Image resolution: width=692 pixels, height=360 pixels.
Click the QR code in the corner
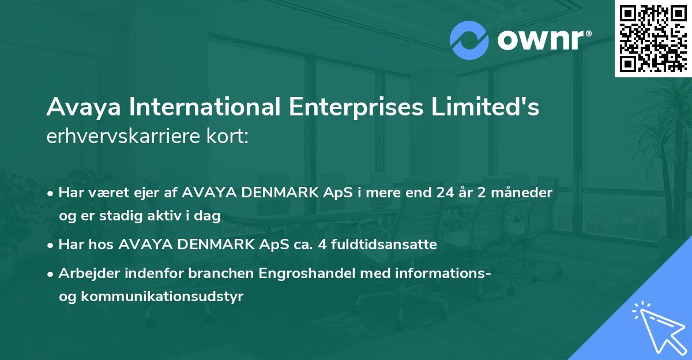(653, 38)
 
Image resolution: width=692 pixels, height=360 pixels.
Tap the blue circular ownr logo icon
(469, 40)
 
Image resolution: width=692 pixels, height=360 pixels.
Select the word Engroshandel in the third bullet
(309, 275)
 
